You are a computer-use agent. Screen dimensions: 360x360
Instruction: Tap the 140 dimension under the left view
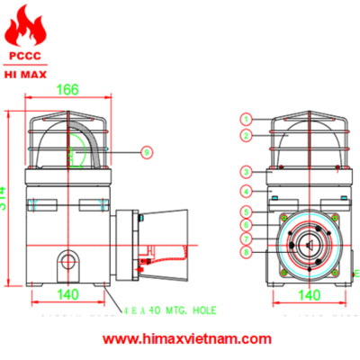click(67, 294)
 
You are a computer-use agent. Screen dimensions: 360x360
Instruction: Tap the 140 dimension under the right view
click(309, 294)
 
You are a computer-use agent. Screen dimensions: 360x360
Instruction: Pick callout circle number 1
click(246, 119)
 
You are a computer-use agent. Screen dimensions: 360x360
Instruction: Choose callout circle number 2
click(246, 135)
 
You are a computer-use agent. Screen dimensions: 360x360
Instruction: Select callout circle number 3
click(246, 171)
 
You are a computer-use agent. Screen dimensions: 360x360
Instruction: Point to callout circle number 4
click(246, 191)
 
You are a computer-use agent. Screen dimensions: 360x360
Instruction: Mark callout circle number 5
click(246, 211)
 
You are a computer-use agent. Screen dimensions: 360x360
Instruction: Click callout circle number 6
click(246, 224)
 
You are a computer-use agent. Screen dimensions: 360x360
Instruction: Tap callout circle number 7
click(246, 238)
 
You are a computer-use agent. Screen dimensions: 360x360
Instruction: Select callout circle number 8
click(246, 254)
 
